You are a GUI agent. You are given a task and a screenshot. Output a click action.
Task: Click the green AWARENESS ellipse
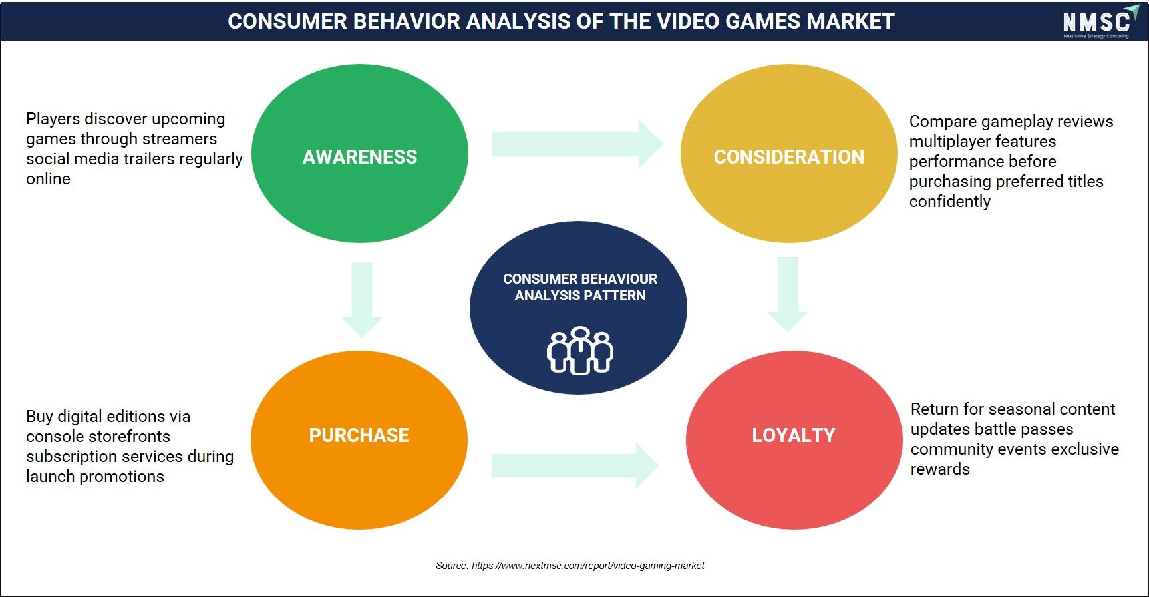pyautogui.click(x=360, y=153)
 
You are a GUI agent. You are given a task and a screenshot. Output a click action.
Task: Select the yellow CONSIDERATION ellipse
pyautogui.click(x=788, y=153)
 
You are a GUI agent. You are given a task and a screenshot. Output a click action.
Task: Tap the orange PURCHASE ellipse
pyautogui.click(x=359, y=440)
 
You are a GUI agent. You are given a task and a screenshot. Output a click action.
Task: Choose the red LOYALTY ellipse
pyautogui.click(x=794, y=440)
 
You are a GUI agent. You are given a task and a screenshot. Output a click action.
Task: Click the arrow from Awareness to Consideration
pyautogui.click(x=577, y=144)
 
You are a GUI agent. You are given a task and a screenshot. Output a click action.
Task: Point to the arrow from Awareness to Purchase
pyautogui.click(x=362, y=299)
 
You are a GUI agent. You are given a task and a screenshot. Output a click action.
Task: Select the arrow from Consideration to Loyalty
pyautogui.click(x=788, y=294)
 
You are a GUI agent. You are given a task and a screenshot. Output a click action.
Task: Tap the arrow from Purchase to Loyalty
pyautogui.click(x=575, y=465)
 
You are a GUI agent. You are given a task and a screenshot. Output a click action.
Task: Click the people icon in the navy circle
pyautogui.click(x=580, y=350)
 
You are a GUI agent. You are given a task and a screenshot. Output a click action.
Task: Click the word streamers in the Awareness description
pyautogui.click(x=178, y=138)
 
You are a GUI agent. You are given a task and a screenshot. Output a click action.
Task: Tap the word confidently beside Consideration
pyautogui.click(x=950, y=202)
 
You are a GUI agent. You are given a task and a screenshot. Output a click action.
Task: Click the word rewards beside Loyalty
pyautogui.click(x=940, y=469)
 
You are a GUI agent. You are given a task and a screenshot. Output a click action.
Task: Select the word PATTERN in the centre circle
pyautogui.click(x=613, y=296)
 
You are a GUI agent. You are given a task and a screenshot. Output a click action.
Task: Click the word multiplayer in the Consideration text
pyautogui.click(x=947, y=142)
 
